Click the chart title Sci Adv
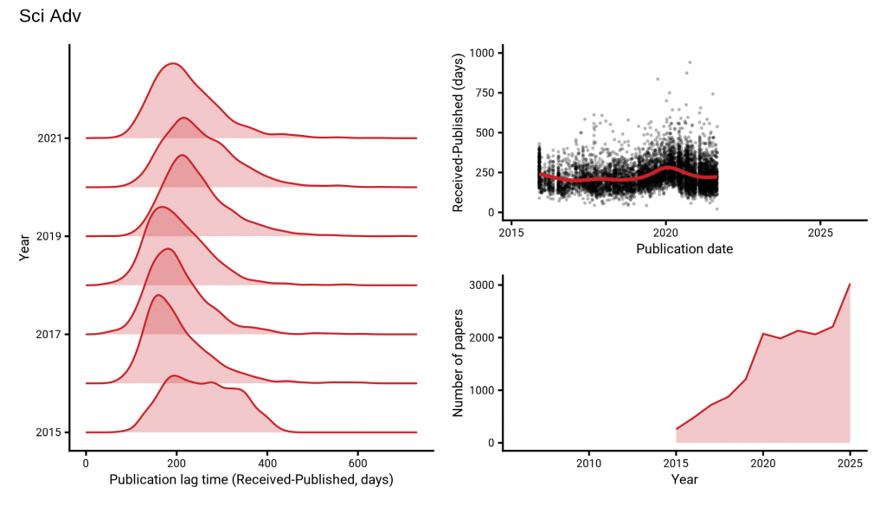[x=50, y=16]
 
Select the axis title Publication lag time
[x=251, y=479]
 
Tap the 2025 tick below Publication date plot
[x=820, y=233]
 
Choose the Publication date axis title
[x=684, y=249]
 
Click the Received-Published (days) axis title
[x=459, y=132]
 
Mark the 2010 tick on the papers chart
[x=588, y=462]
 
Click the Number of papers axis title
[x=459, y=362]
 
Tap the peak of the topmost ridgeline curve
[x=173, y=63]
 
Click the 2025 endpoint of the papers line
[x=850, y=284]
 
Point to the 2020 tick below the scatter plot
[x=665, y=233]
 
